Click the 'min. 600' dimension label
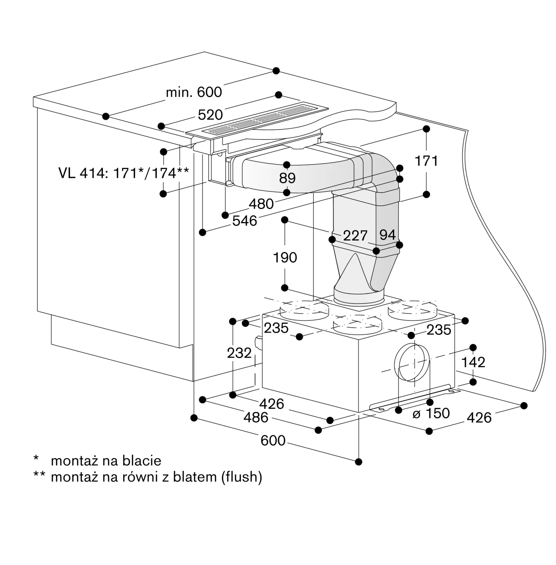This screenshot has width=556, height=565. tap(194, 92)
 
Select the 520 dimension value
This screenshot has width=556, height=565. tap(210, 115)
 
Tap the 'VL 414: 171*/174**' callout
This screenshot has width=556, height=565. tap(123, 173)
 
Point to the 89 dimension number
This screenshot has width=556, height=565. tap(287, 178)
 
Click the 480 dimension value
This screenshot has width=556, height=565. tap(261, 204)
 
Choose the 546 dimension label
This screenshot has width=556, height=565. tap(245, 221)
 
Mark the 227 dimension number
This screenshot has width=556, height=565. tap(355, 236)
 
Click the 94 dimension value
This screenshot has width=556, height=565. tap(388, 235)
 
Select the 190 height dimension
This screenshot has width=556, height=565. tap(285, 258)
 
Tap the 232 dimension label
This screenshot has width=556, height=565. tap(239, 353)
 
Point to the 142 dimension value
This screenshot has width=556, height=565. tap(473, 362)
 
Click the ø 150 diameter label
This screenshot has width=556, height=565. tap(431, 413)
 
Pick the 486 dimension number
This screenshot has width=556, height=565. tap(256, 417)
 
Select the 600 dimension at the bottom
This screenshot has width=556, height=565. tap(273, 440)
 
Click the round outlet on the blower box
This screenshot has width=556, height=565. tap(412, 362)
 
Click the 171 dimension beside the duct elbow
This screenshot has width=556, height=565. tap(426, 161)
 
